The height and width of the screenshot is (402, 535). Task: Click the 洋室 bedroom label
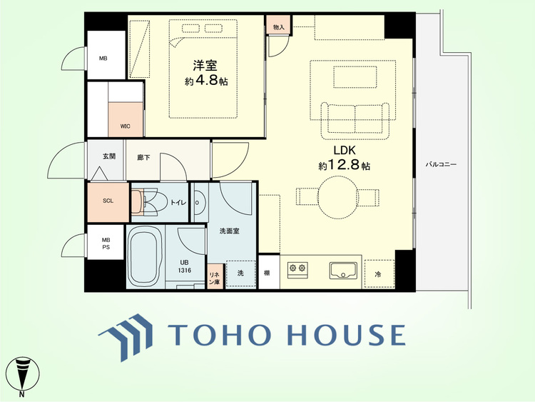click(x=205, y=65)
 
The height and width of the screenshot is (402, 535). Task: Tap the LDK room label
click(x=345, y=150)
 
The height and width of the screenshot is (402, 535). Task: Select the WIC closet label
click(x=126, y=126)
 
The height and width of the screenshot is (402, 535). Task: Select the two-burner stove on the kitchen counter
click(x=297, y=268)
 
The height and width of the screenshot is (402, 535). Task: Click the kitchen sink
click(x=343, y=270)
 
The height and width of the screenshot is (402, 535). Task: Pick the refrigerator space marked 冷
click(x=379, y=274)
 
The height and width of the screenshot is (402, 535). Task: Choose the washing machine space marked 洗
click(x=240, y=273)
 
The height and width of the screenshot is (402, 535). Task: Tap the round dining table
click(x=338, y=197)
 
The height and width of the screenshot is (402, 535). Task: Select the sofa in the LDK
click(x=355, y=121)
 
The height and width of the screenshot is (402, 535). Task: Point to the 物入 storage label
click(x=279, y=27)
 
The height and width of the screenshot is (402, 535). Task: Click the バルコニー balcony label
click(x=441, y=165)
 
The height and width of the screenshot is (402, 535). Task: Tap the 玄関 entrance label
click(x=109, y=156)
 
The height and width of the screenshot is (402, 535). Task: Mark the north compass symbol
click(x=23, y=376)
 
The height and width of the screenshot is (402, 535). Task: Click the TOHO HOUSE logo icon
click(x=126, y=337)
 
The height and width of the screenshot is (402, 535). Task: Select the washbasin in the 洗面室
click(x=198, y=202)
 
